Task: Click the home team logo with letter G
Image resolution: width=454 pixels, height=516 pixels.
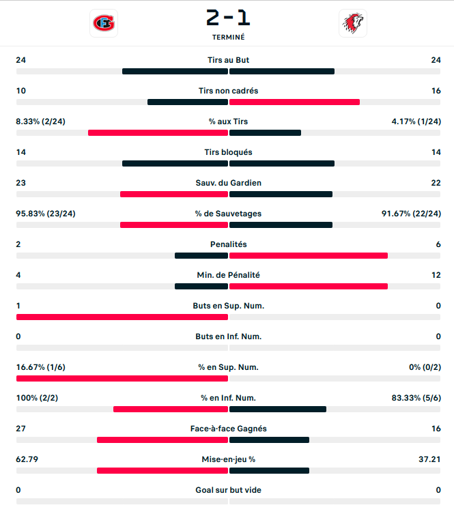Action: pos(104,23)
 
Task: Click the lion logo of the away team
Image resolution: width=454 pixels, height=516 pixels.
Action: pos(352,23)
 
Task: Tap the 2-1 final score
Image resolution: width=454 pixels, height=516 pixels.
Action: pos(228,16)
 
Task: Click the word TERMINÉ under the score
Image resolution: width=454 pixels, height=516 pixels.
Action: pos(228,38)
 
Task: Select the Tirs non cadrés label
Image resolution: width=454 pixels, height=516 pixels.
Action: pos(228,91)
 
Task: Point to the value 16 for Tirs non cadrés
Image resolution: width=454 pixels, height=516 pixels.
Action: pos(436,91)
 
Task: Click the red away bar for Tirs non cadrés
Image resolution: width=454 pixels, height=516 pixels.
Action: pos(294,102)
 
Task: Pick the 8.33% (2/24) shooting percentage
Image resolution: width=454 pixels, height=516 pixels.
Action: pos(41,121)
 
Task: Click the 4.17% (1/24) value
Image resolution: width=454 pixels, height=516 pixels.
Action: pos(416,121)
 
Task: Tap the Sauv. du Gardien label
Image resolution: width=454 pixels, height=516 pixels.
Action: pos(228,183)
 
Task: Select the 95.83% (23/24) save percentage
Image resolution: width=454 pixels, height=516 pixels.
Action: pos(46,214)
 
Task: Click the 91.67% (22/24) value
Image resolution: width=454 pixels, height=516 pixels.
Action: pos(411,214)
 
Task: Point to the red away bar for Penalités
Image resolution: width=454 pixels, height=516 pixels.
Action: pos(309,256)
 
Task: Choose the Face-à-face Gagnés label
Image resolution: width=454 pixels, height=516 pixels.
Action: pos(228,429)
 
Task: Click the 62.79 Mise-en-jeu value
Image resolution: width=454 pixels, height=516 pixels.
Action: pos(27,459)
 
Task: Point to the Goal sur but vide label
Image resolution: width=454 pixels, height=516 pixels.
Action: pos(228,490)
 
